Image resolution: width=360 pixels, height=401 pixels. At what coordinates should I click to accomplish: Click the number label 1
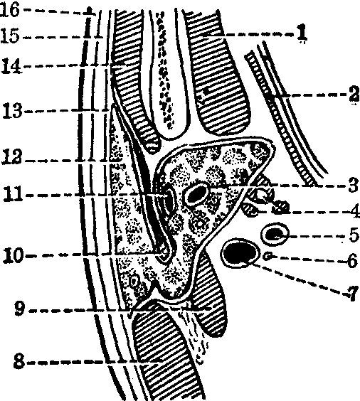click(302, 33)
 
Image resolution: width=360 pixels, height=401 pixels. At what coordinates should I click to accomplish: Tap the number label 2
click(354, 94)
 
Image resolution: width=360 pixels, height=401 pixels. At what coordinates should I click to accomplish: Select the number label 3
click(354, 185)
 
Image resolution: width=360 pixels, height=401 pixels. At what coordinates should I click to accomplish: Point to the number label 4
click(354, 211)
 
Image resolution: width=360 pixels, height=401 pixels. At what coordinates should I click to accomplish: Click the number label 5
click(354, 235)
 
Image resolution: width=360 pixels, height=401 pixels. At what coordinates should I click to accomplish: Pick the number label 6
click(352, 261)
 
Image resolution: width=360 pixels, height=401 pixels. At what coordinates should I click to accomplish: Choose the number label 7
click(353, 294)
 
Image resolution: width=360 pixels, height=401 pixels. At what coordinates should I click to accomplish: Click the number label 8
click(19, 362)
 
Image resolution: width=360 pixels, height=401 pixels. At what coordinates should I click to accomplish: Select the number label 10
click(14, 255)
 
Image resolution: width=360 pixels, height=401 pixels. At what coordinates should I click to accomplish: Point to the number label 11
click(13, 194)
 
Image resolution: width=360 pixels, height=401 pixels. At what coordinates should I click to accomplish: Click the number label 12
click(12, 156)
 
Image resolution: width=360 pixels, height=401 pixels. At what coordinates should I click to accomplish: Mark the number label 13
click(13, 111)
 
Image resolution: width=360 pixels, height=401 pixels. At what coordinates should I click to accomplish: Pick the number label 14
click(12, 65)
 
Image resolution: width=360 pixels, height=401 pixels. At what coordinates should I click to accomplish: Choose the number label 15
click(10, 35)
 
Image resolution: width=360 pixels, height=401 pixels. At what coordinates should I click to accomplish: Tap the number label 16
click(10, 10)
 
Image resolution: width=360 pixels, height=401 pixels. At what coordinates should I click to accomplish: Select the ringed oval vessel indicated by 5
click(275, 234)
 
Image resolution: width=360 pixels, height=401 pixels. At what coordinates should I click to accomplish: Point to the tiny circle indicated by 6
click(268, 256)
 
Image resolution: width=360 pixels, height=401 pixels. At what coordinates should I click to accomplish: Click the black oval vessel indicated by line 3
click(196, 195)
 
